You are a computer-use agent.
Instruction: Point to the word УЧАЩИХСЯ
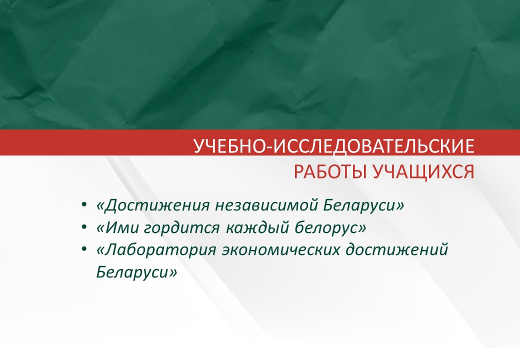click(424, 172)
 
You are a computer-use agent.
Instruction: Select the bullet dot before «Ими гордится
click(84, 227)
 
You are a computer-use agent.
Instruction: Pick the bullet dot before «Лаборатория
click(84, 250)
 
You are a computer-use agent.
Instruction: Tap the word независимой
click(266, 205)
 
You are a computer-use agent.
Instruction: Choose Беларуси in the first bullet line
click(360, 205)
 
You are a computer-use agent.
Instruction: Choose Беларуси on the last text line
click(132, 272)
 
